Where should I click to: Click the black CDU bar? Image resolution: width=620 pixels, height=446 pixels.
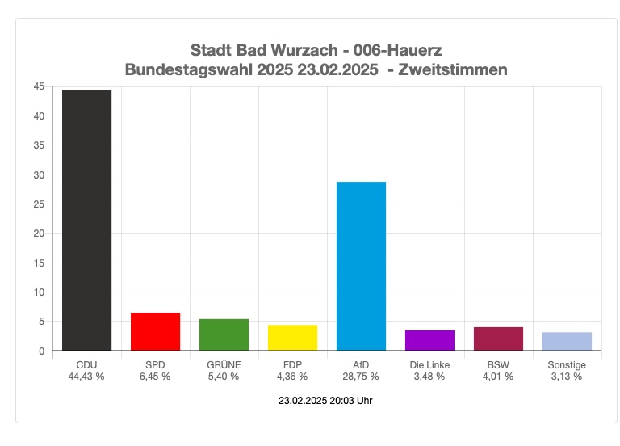[86, 220]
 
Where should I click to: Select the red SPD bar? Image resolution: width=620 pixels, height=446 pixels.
[155, 331]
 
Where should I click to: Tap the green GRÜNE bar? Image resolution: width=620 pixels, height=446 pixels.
[224, 334]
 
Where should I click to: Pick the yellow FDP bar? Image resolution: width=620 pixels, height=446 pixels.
[292, 338]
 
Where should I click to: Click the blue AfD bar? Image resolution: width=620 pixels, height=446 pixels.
[361, 266]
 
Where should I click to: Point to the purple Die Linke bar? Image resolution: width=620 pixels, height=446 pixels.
[429, 340]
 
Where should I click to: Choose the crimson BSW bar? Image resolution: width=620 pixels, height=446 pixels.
[498, 339]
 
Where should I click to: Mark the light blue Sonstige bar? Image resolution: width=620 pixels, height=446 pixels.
[567, 341]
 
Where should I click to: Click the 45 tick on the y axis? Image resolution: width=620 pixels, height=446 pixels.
[39, 86]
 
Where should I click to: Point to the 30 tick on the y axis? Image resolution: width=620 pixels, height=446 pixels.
[39, 175]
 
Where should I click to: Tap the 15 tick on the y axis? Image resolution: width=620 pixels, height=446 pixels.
[39, 263]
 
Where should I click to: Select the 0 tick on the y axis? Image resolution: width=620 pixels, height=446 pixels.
[41, 351]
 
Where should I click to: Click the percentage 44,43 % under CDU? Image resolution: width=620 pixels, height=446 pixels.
[86, 377]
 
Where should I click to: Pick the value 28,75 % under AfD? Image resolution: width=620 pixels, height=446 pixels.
[361, 377]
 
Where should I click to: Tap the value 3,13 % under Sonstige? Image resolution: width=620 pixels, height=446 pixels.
[567, 377]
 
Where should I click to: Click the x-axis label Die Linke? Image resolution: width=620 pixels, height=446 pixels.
[429, 365]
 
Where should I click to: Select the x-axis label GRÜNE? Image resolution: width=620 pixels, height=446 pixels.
[224, 365]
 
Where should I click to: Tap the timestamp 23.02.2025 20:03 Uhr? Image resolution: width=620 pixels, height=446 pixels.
[325, 401]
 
